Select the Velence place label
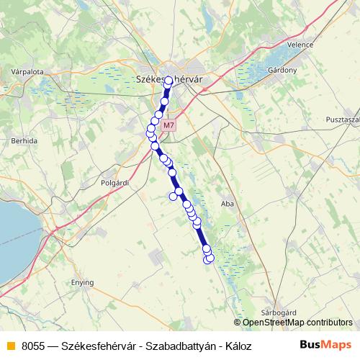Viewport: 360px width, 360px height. (x=300, y=45)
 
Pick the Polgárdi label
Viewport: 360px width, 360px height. (x=114, y=183)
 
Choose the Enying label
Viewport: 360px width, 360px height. (x=82, y=283)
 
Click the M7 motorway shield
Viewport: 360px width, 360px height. (x=168, y=125)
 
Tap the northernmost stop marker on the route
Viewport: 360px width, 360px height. (x=168, y=83)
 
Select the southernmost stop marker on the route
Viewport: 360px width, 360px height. (x=210, y=258)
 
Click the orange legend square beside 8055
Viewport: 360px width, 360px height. (x=10, y=346)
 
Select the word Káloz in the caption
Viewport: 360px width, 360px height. (x=236, y=346)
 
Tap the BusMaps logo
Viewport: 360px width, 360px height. (x=321, y=345)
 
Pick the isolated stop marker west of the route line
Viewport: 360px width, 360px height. (x=174, y=196)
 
